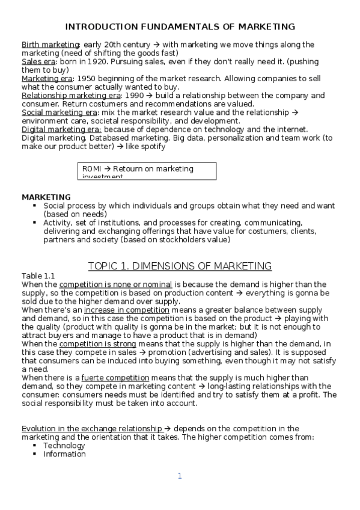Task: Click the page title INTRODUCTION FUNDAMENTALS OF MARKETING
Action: point(180,27)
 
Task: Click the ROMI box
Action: point(148,171)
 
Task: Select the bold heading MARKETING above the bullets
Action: point(46,197)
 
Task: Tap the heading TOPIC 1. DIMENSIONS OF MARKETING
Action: point(180,266)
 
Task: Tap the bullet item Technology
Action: point(64,446)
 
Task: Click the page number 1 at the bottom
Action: point(179,476)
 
